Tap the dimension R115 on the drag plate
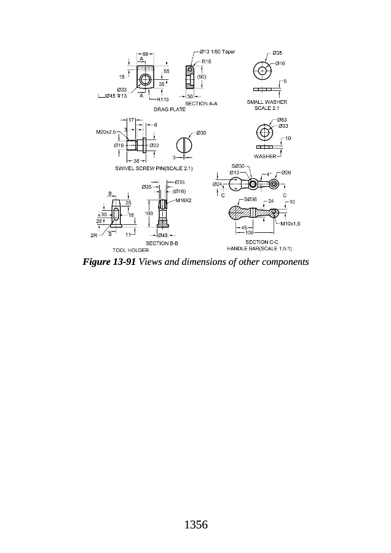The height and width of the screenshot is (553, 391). [x=163, y=99]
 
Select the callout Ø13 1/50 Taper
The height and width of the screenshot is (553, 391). [x=218, y=52]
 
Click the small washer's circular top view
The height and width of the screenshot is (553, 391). [x=263, y=71]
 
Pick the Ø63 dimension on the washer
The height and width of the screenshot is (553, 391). [x=282, y=120]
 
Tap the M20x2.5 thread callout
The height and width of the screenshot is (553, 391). [x=106, y=131]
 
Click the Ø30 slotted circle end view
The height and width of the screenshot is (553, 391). [x=185, y=146]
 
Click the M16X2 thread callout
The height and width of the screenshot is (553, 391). [x=184, y=200]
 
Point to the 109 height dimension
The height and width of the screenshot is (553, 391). [x=149, y=213]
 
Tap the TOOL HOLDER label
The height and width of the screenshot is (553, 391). [x=130, y=250]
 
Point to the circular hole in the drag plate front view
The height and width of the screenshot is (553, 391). [x=145, y=80]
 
